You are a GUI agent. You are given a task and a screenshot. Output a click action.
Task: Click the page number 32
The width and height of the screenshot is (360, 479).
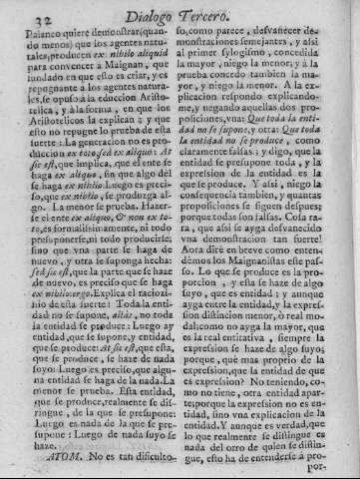click(19, 13)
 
